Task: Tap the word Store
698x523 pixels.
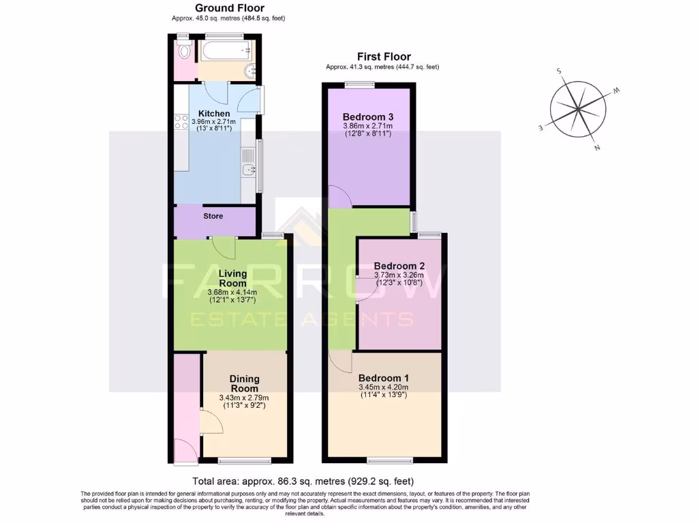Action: [213, 216]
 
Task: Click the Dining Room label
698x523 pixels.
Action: [244, 383]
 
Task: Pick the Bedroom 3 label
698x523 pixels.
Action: [369, 116]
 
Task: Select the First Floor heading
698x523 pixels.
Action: [384, 57]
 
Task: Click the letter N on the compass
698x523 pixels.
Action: [597, 147]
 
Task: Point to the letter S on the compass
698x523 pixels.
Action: [559, 70]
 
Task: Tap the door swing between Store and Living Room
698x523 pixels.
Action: [224, 247]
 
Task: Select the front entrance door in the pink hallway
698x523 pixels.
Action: [185, 450]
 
